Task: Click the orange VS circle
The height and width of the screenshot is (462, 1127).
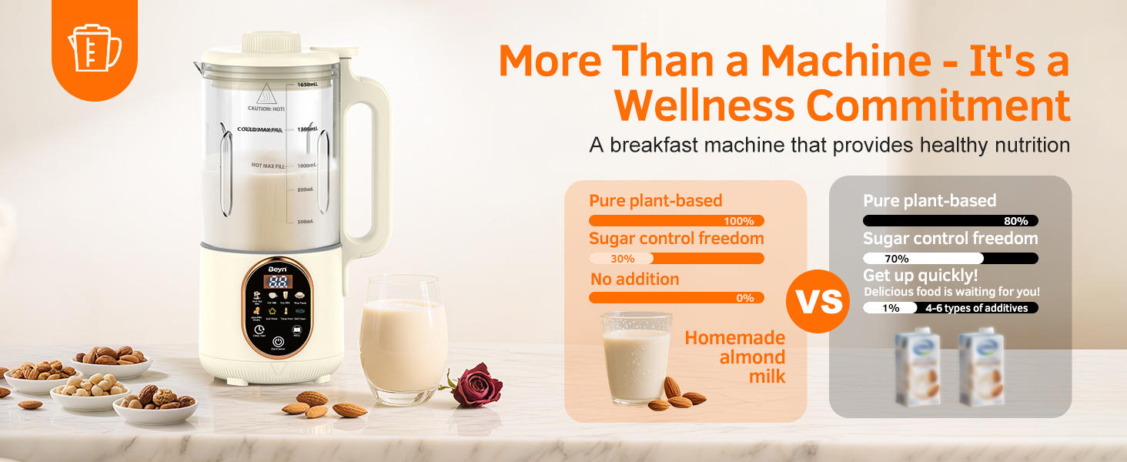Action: coord(819,301)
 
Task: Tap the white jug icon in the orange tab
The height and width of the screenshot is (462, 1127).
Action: coord(94,48)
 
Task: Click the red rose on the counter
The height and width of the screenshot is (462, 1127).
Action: coord(477,386)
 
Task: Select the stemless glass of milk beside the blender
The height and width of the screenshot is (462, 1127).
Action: coord(403,339)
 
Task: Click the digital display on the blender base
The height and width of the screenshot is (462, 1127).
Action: coord(279,282)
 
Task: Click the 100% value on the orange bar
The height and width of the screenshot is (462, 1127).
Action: coord(739,221)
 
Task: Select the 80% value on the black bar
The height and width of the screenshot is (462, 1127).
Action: coord(1015,221)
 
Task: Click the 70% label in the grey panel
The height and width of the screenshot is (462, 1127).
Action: coord(896,259)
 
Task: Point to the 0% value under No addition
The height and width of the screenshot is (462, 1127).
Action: coord(744,298)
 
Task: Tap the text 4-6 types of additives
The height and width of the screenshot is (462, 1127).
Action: coord(976,308)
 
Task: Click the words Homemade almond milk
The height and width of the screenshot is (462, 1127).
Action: coord(734,357)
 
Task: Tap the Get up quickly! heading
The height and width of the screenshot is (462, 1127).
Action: coord(920,276)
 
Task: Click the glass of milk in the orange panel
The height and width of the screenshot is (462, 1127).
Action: coord(636,357)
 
